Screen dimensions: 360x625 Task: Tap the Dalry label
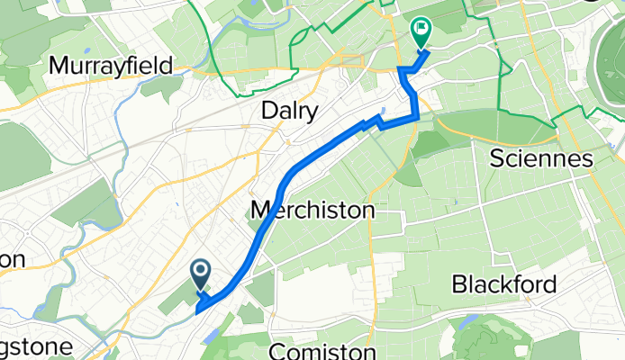(289, 112)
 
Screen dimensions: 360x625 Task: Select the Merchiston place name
(312, 211)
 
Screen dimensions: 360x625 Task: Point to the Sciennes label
(541, 160)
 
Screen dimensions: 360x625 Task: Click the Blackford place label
(504, 284)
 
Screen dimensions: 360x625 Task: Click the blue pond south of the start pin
(211, 334)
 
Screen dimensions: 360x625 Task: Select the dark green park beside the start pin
(180, 298)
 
